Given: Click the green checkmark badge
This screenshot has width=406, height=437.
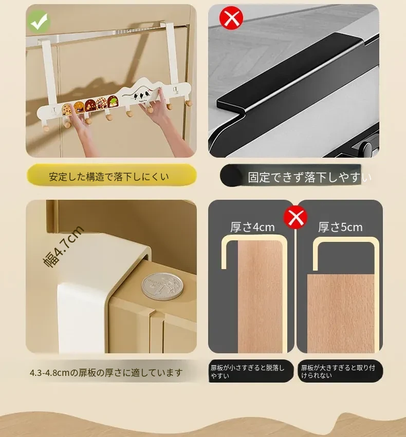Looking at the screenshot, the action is click(39, 22).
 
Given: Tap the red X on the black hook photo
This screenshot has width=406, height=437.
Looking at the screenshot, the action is click(231, 18).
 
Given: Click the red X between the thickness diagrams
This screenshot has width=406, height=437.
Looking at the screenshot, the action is click(296, 217).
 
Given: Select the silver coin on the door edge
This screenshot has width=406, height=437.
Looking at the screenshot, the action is click(163, 286).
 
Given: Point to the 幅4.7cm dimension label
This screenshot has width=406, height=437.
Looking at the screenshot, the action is click(63, 247).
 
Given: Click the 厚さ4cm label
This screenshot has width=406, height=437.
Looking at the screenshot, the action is click(253, 227).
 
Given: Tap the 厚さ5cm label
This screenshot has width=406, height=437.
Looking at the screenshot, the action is click(340, 227).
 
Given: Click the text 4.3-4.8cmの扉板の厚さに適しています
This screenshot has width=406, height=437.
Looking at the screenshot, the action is click(106, 373).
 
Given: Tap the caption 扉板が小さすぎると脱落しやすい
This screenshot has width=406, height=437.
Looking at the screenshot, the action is click(248, 372).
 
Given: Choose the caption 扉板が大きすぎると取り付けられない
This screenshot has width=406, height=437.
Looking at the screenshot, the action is click(338, 371).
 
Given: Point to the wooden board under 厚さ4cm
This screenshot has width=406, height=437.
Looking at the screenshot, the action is click(261, 296).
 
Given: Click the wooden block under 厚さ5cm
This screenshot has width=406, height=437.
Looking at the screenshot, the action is click(341, 314).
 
